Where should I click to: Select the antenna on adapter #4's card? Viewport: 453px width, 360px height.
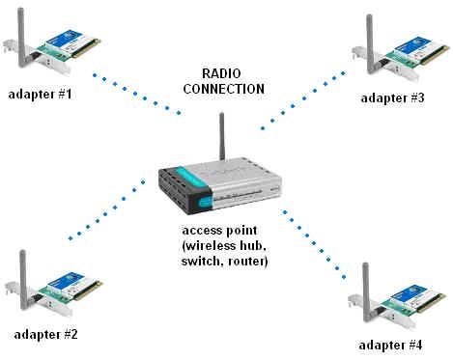click(x=364, y=280)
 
